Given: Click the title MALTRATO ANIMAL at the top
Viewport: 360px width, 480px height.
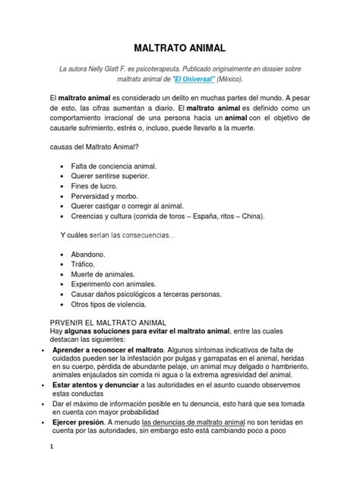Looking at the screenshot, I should click(180, 47).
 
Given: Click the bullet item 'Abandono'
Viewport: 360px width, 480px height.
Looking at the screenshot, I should click(88, 254).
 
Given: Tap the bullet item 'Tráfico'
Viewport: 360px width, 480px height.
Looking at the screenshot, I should click(84, 264).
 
